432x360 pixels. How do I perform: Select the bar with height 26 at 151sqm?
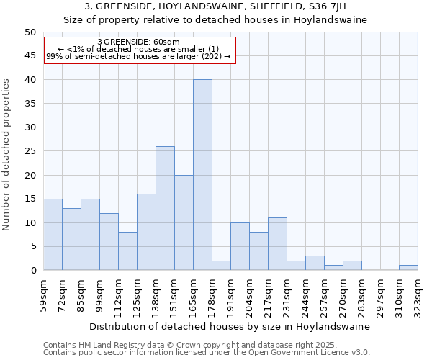click(x=165, y=208)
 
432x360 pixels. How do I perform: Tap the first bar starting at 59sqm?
click(x=53, y=235)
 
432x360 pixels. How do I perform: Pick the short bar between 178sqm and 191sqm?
click(x=221, y=266)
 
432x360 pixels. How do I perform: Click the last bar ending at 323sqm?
click(x=408, y=268)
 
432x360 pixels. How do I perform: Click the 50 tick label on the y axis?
click(x=30, y=32)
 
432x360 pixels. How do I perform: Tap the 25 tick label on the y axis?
click(x=30, y=151)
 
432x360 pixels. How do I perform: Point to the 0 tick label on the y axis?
click(x=32, y=271)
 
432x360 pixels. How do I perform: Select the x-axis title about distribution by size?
click(x=231, y=326)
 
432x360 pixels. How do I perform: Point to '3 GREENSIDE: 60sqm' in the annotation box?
click(x=138, y=42)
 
